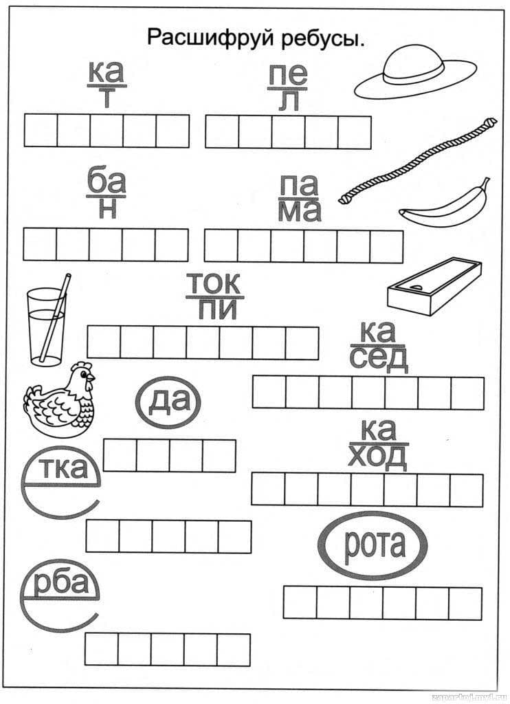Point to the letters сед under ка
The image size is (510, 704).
tap(378, 357)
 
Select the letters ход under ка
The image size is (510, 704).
tap(377, 455)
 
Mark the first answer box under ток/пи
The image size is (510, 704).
tap(103, 342)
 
